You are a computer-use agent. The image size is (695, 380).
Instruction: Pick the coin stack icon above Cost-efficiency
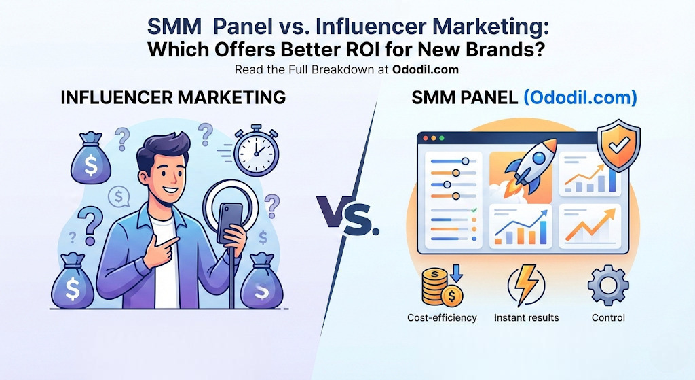coord(441,287)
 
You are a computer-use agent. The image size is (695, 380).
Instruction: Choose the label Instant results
coord(526,317)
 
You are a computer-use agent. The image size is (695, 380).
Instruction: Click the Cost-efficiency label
coord(442,317)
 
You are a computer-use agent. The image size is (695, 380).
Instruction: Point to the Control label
coord(607,317)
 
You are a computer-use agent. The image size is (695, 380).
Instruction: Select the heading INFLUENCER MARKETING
coord(173,98)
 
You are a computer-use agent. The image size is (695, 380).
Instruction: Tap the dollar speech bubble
coord(119,196)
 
